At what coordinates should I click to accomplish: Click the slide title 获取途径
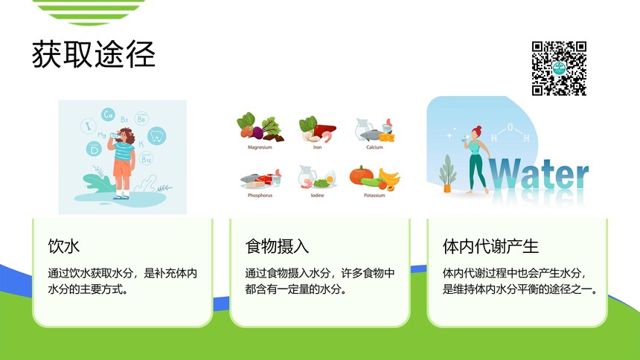tap(94, 54)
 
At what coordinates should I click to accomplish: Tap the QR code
tap(559, 68)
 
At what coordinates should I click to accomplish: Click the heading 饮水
tap(64, 246)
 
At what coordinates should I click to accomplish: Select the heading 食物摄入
tap(277, 246)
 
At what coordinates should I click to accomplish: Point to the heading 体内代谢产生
tap(490, 246)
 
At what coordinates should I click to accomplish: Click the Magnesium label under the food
tap(260, 147)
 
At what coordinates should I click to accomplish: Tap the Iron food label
tap(317, 147)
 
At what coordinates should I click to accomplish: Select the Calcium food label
tap(374, 147)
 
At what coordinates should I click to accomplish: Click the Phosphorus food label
tap(260, 195)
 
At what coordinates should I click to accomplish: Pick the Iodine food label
tap(317, 195)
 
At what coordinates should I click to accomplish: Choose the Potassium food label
tap(374, 195)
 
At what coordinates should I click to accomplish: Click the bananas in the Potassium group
tap(389, 177)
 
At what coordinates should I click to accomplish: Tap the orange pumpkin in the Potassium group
tap(360, 175)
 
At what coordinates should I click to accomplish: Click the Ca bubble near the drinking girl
tap(108, 115)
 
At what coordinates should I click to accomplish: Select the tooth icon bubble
tap(156, 135)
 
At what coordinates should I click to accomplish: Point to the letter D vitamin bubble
tap(94, 149)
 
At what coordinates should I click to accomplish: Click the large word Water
tap(538, 174)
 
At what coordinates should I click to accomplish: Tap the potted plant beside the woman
tap(447, 174)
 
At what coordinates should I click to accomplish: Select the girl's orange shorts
tap(122, 168)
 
